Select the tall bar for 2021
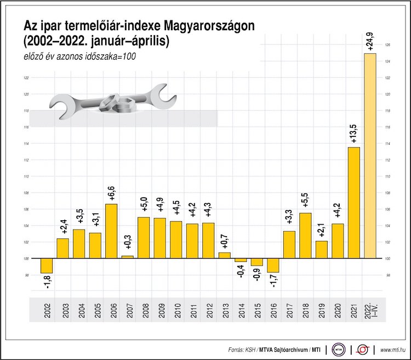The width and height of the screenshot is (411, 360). (354, 203)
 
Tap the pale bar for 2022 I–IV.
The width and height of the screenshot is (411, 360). (370, 156)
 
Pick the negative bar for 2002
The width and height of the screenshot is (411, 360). (47, 266)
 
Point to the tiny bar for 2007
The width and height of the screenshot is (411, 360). (127, 257)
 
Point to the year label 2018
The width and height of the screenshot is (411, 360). (305, 310)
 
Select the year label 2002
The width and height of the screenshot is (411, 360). (47, 310)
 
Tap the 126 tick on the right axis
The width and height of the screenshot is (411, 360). (387, 45)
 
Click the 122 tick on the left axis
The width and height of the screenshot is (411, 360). (26, 78)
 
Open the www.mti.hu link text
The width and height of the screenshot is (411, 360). (393, 349)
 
